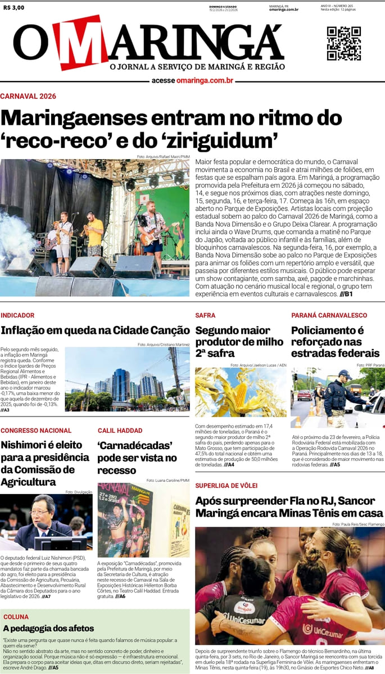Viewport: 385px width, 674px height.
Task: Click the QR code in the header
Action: [343, 43]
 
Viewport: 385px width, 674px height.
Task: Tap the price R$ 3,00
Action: [13, 8]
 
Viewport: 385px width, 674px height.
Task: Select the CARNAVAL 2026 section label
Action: [28, 96]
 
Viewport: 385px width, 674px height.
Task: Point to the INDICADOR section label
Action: [17, 315]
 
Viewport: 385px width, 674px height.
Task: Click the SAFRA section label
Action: [205, 315]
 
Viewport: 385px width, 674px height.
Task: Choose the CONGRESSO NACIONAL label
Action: [36, 431]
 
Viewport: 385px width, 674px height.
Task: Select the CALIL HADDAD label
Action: [120, 431]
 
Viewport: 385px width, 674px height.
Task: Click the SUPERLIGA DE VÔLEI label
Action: [226, 485]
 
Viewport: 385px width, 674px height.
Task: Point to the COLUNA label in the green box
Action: [16, 617]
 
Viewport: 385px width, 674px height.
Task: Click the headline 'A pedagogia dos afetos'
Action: [48, 628]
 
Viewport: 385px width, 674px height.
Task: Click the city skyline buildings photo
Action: [127, 379]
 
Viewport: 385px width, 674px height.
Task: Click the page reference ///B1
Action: [346, 294]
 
